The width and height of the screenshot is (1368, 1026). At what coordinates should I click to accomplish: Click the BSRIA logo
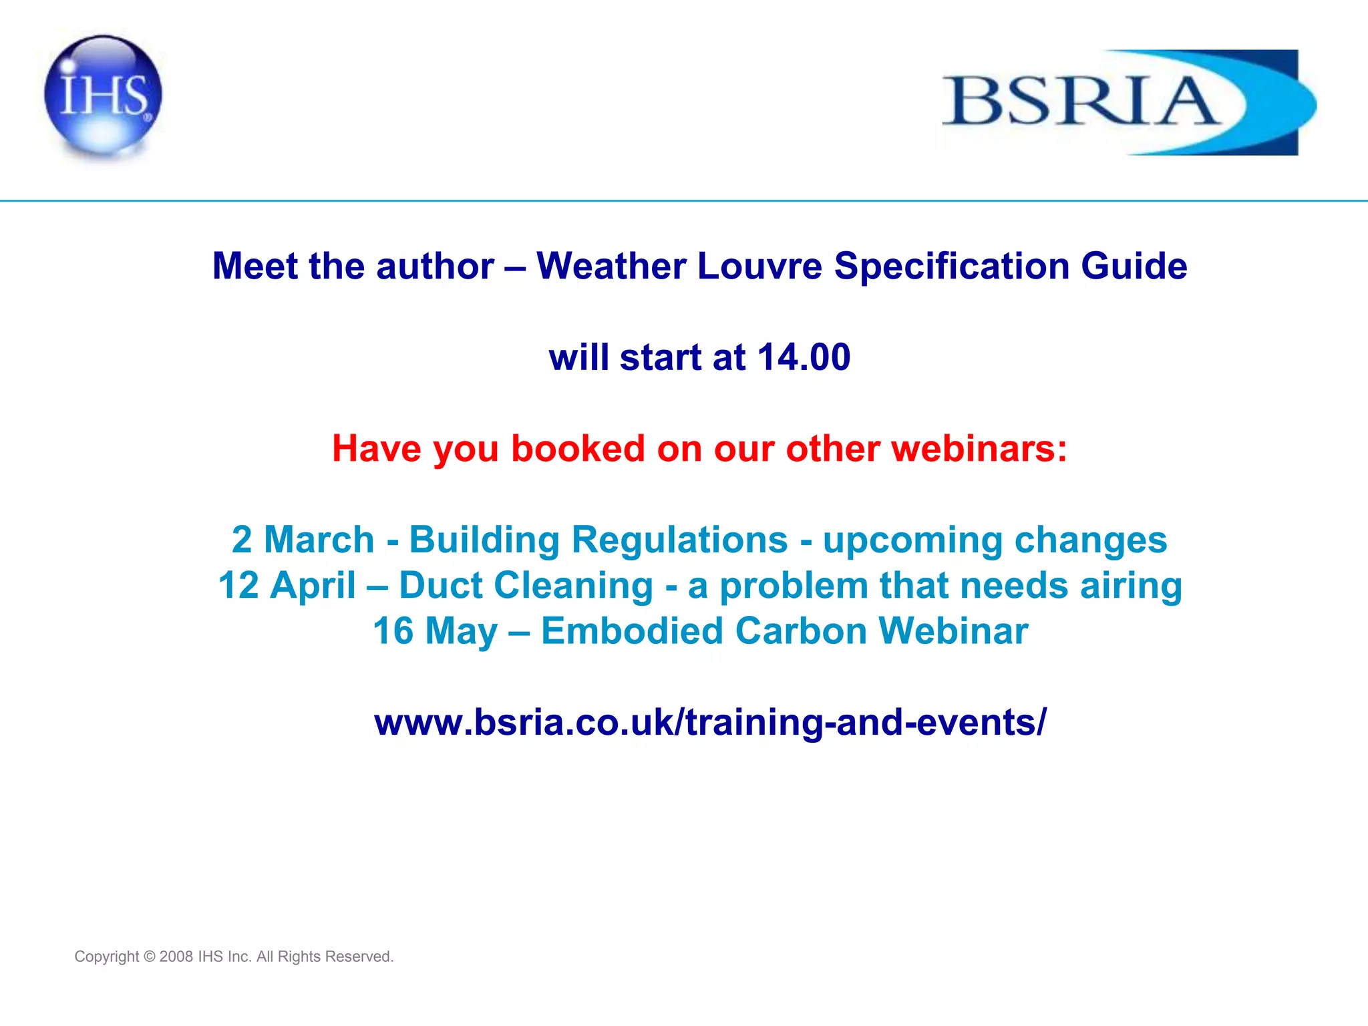pyautogui.click(x=1128, y=102)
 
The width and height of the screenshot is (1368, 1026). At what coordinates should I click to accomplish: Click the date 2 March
pyautogui.click(x=303, y=539)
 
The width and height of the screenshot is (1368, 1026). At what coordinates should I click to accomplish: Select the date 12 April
pyautogui.click(x=287, y=585)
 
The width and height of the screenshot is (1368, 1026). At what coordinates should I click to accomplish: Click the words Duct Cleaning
pyautogui.click(x=526, y=585)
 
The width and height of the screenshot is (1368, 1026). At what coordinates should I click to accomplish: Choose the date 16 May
pyautogui.click(x=435, y=631)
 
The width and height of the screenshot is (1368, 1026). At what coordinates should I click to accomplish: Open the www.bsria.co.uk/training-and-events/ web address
pyautogui.click(x=710, y=722)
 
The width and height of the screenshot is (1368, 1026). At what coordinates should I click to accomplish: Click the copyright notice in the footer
pyautogui.click(x=234, y=957)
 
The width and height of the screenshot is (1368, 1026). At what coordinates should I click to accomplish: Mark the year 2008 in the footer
pyautogui.click(x=176, y=957)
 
